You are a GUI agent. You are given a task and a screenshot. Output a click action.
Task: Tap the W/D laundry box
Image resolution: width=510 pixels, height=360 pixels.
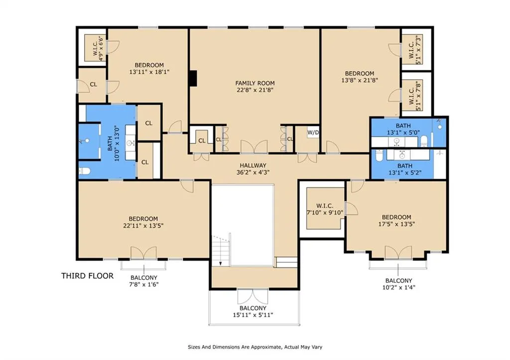pos(313,132)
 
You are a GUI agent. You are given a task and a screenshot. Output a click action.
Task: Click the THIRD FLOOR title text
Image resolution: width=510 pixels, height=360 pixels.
pos(88,276)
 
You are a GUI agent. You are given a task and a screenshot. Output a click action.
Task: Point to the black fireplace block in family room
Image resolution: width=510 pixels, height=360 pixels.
pos(193,78)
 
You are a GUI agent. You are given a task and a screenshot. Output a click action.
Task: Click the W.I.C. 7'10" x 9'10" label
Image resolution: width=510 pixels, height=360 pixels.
pos(325,209)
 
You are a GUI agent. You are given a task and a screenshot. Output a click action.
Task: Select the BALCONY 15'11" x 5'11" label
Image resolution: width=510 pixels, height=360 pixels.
pos(253,312)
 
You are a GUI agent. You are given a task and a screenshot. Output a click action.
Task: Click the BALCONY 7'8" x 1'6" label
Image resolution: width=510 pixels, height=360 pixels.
pos(144,281)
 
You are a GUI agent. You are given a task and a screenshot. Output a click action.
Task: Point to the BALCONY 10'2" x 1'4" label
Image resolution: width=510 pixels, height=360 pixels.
pos(399,284)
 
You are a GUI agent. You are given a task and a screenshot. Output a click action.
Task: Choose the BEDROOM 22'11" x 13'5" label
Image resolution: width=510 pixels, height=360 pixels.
pos(143,222)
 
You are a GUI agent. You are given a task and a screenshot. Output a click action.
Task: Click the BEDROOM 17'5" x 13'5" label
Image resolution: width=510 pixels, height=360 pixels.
pos(396,221)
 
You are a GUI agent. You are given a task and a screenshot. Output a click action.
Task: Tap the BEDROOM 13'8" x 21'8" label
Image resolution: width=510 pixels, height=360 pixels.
pos(360,77)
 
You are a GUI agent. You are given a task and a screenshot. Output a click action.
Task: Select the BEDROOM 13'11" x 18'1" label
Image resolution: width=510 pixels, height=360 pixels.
pos(149,68)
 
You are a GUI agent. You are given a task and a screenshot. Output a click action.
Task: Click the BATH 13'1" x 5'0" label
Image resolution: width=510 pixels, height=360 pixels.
pos(403,129)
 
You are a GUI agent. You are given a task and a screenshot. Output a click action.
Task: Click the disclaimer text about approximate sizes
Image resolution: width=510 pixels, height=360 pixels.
pos(255,347)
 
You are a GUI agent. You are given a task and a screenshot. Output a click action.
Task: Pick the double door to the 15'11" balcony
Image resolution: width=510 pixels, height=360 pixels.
pos(253,296)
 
